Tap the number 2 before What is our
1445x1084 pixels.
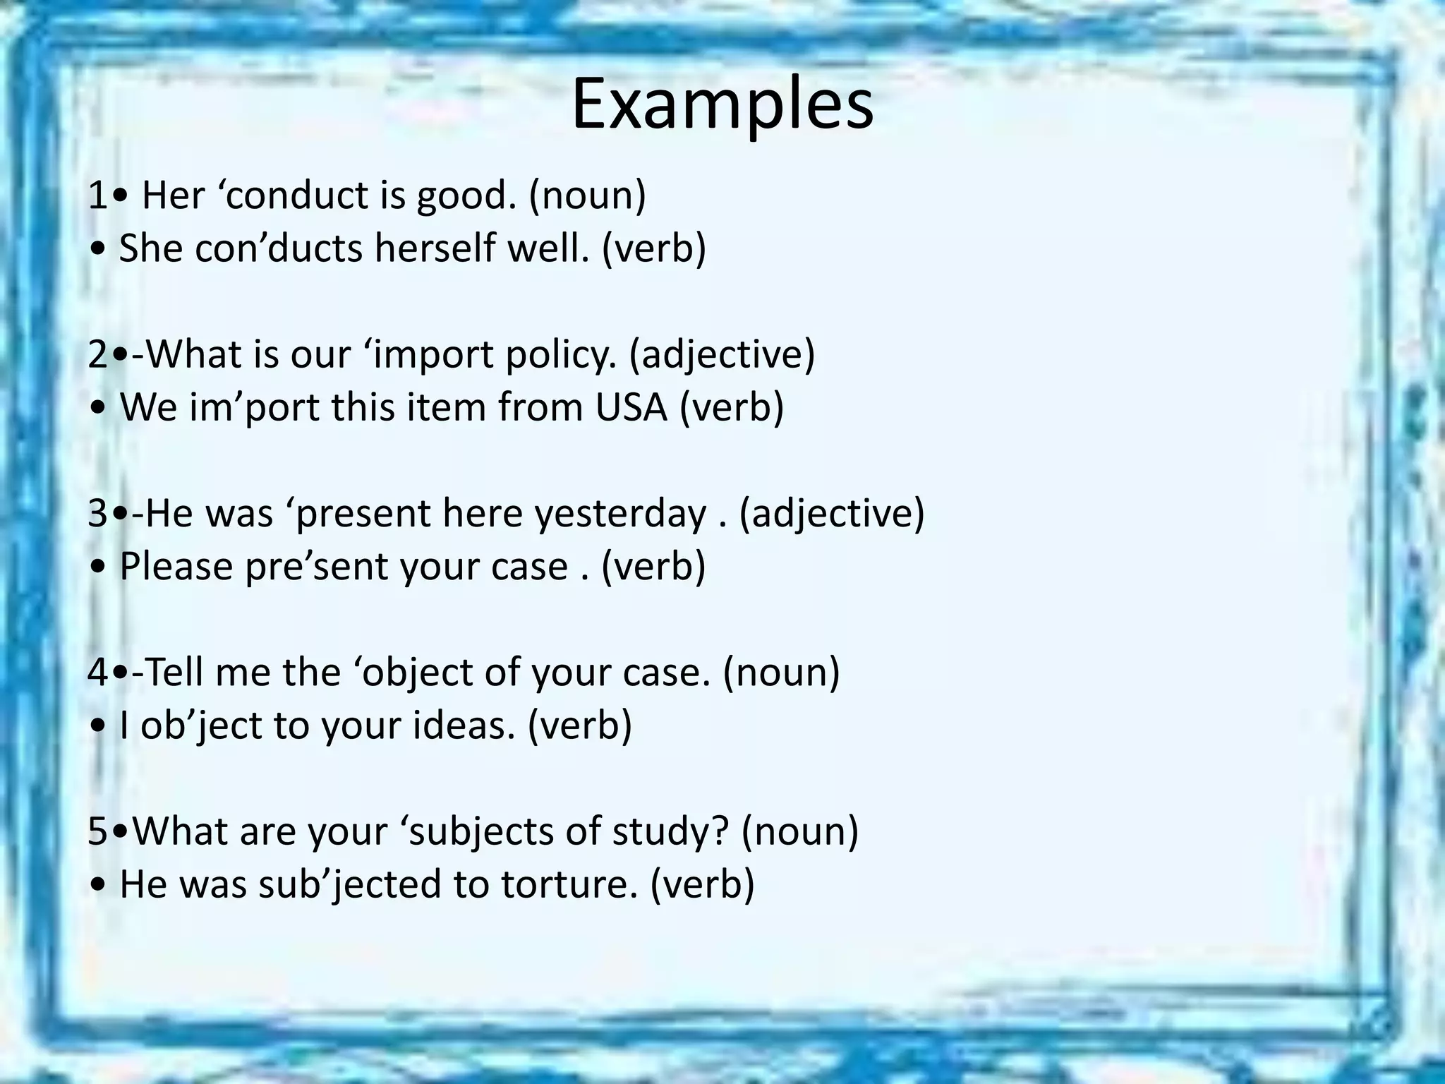tap(98, 354)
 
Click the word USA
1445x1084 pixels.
tap(631, 407)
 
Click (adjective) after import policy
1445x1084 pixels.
tap(721, 354)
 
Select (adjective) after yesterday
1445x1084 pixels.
tap(831, 513)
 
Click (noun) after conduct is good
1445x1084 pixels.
tap(587, 195)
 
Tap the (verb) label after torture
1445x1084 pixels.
tap(701, 884)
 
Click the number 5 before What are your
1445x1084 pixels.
tap(98, 831)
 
